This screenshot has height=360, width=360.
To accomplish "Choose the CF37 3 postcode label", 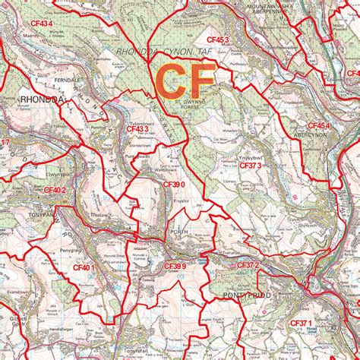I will coord(251,164).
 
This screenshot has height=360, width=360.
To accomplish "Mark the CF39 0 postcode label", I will coord(175,184).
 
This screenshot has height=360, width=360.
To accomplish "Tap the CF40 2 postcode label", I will coord(55,190).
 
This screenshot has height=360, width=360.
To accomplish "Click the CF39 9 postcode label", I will coord(175,266).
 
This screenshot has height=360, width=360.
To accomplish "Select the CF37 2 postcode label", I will coord(248,264).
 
